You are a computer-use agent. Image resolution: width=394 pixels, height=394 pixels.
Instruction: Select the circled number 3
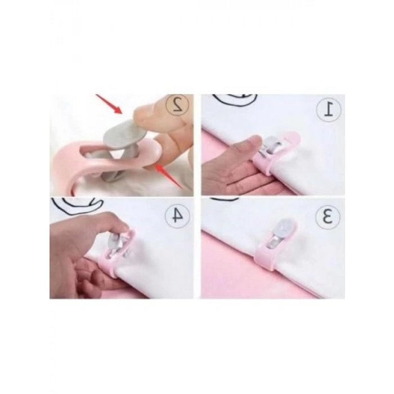[x=328, y=217]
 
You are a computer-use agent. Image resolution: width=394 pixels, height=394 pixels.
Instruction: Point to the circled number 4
[x=177, y=216]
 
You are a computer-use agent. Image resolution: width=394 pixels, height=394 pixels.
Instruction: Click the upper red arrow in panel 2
[x=109, y=104]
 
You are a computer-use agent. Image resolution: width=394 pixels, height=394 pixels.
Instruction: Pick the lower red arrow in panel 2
[x=169, y=176]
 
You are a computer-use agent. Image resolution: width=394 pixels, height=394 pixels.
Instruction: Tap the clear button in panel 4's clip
[x=114, y=241]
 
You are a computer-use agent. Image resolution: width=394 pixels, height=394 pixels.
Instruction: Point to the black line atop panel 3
[x=225, y=199]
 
